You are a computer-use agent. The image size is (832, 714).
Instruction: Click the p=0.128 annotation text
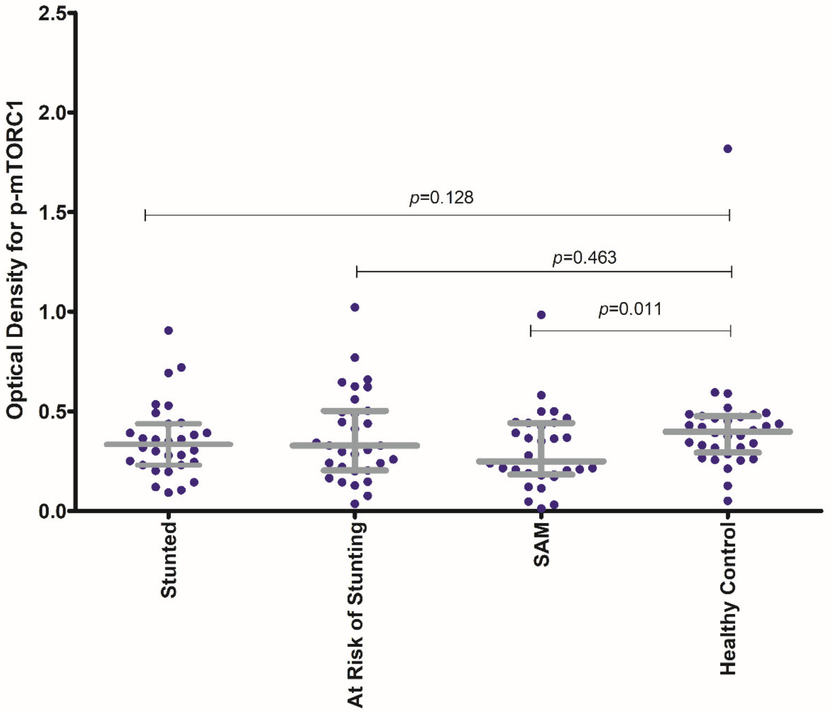coord(441,198)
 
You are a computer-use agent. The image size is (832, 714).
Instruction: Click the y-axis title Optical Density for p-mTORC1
coord(16,261)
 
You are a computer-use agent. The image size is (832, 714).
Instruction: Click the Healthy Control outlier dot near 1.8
coord(728,149)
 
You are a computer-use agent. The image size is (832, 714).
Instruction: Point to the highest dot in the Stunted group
coord(169,330)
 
